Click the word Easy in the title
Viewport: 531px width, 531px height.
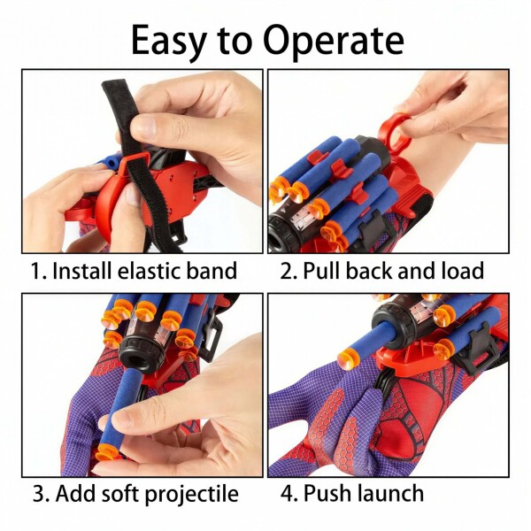[168, 42]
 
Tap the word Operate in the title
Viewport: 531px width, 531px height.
[334, 41]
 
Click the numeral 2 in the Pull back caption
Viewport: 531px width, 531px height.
[287, 272]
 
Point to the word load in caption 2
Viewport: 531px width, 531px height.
[463, 271]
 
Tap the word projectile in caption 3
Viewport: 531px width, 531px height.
[192, 495]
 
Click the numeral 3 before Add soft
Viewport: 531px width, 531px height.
[39, 494]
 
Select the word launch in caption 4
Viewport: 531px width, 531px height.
[390, 493]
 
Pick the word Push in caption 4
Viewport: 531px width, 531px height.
[327, 493]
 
